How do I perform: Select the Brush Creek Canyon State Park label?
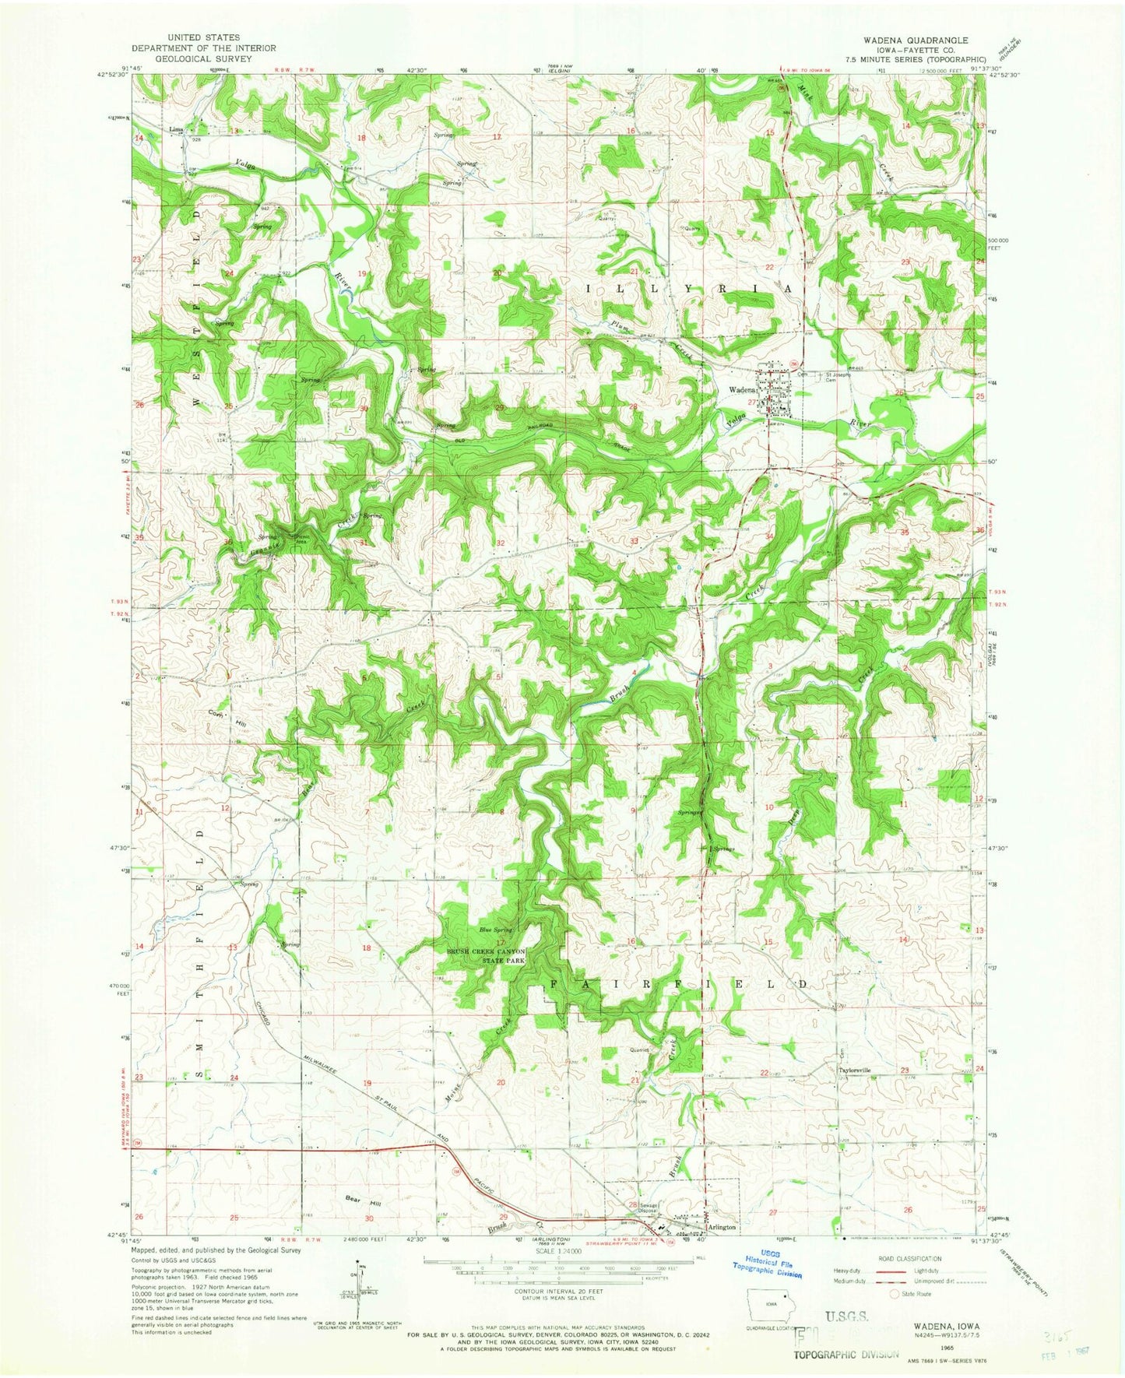[486, 956]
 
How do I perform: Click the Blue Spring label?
[495, 930]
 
